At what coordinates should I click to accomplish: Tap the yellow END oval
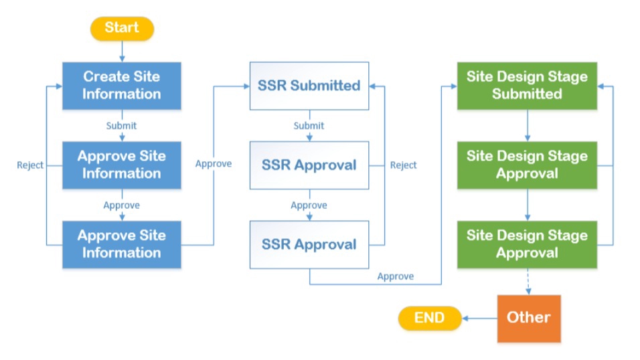point(430,318)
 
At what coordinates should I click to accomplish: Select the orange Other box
point(528,318)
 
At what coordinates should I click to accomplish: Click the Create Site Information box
point(121,86)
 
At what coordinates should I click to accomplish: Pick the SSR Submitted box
point(309,86)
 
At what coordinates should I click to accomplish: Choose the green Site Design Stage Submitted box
point(527,86)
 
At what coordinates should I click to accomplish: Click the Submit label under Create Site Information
point(121,126)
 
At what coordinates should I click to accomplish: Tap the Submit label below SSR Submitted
point(309,126)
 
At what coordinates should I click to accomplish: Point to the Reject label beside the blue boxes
point(30,165)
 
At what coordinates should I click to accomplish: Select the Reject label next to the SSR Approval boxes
point(403,165)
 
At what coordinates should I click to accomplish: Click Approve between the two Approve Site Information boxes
point(121,205)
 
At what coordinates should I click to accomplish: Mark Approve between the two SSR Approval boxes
point(309,205)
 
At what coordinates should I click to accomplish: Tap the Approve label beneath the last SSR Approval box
point(395,276)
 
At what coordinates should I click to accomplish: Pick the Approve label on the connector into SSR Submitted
point(214,164)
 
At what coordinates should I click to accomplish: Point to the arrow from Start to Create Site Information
point(121,51)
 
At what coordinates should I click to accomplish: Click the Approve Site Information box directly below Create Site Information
point(121,165)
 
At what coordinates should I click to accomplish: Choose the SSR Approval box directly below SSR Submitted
point(309,165)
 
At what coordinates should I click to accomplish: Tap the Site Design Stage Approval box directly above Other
point(527,244)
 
